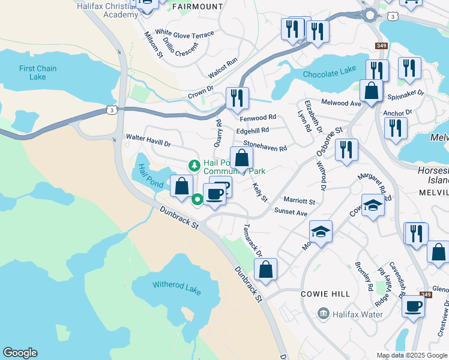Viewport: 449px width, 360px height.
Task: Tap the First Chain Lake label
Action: tap(38, 73)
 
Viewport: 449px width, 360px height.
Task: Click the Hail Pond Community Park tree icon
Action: tap(194, 165)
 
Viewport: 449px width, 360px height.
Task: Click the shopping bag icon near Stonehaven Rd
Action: tap(242, 160)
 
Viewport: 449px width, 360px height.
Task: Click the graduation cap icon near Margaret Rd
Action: tap(373, 207)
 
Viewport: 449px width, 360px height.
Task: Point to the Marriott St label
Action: tap(299, 201)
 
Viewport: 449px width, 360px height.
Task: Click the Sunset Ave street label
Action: tap(291, 212)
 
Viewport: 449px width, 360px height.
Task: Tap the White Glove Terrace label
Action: tap(184, 34)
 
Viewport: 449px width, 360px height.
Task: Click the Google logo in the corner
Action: tap(20, 353)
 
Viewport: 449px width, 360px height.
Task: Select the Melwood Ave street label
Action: tap(341, 103)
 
